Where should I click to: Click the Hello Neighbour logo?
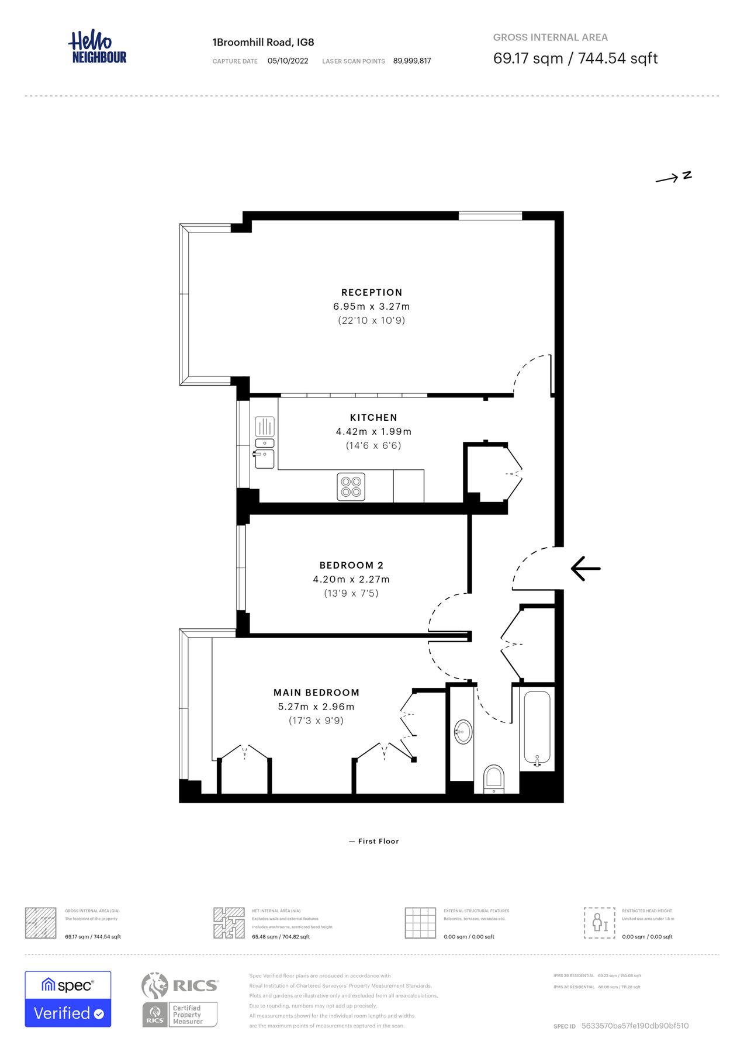pyautogui.click(x=97, y=47)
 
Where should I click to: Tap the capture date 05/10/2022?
pyautogui.click(x=288, y=61)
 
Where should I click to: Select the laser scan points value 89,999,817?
pyautogui.click(x=412, y=61)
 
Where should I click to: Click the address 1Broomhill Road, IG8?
pyautogui.click(x=263, y=42)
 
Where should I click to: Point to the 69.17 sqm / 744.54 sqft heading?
pyautogui.click(x=575, y=58)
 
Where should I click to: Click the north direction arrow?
pyautogui.click(x=673, y=177)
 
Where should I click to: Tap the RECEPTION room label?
pyautogui.click(x=372, y=292)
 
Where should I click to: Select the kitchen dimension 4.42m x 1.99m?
pyautogui.click(x=373, y=431)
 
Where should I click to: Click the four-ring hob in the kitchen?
pyautogui.click(x=351, y=487)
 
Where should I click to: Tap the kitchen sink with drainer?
pyautogui.click(x=265, y=443)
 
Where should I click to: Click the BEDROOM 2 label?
pyautogui.click(x=351, y=565)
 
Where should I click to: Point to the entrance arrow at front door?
pyautogui.click(x=586, y=568)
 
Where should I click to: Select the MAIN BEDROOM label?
pyautogui.click(x=316, y=693)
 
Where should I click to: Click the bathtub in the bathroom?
pyautogui.click(x=537, y=728)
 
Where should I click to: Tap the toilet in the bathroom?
pyautogui.click(x=494, y=778)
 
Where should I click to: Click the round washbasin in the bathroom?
pyautogui.click(x=463, y=731)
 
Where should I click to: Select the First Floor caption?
pyautogui.click(x=374, y=841)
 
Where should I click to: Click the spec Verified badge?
pyautogui.click(x=68, y=999)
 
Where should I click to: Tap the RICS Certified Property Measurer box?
pyautogui.click(x=180, y=1015)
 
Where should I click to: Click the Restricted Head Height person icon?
pyautogui.click(x=599, y=923)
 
